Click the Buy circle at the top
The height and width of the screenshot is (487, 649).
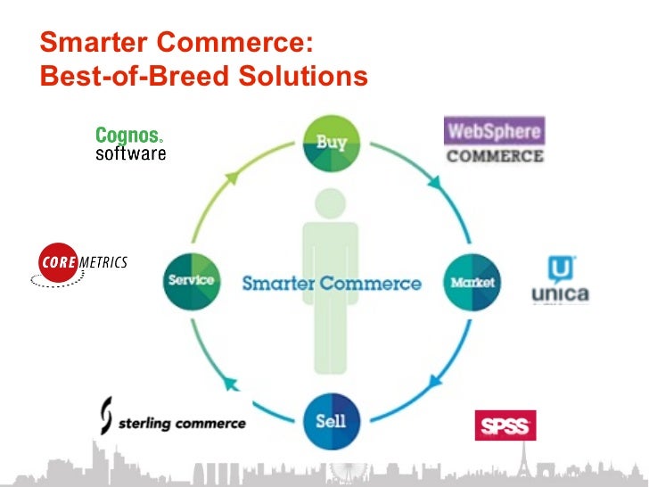[331, 143]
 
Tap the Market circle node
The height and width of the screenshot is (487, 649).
[471, 283]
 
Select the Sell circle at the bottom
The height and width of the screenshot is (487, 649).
[331, 420]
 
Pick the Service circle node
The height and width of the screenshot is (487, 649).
[191, 280]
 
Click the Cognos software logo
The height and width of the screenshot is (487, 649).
[130, 144]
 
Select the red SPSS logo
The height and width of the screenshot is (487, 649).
[505, 425]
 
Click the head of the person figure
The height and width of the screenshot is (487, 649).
[331, 204]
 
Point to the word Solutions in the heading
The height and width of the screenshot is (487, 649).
[300, 77]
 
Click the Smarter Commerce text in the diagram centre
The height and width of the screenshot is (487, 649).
[332, 284]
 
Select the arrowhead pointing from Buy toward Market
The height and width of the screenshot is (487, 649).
[434, 182]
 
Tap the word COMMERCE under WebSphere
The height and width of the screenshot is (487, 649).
[495, 156]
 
